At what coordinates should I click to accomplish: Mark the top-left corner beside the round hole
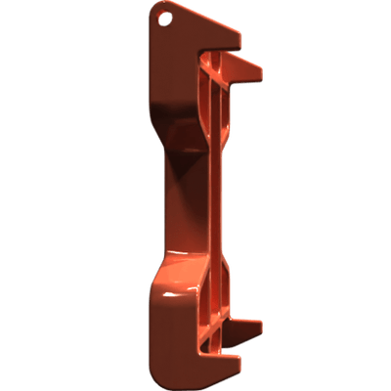(152, 12)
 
